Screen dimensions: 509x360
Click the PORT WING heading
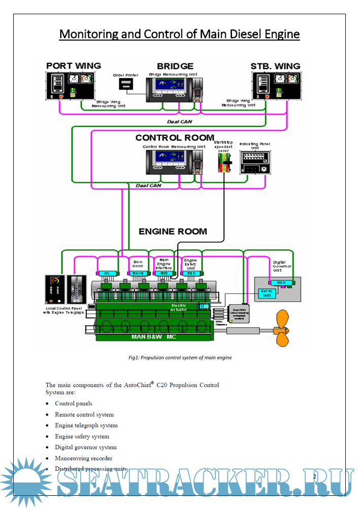(x=74, y=66)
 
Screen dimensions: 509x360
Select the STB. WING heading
(x=275, y=66)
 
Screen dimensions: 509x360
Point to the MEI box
(x=163, y=273)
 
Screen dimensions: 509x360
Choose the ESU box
(x=191, y=273)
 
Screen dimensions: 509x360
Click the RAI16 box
(x=138, y=273)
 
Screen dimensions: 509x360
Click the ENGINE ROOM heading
(x=173, y=231)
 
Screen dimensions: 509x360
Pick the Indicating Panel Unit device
(x=255, y=163)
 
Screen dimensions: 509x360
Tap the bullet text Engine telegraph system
(x=86, y=425)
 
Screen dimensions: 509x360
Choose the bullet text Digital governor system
(x=86, y=447)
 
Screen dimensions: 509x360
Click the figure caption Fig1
(x=180, y=357)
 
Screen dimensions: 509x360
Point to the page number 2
(x=315, y=476)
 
